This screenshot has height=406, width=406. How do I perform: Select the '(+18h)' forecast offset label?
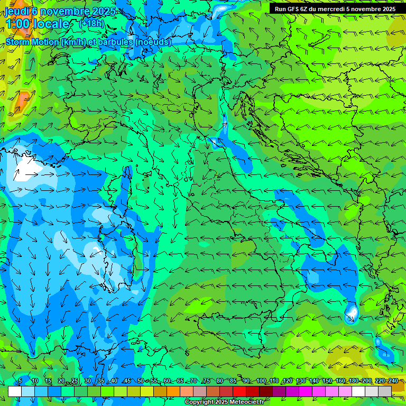(x=91, y=23)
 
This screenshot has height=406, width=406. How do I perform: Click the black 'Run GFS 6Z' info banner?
(x=335, y=9)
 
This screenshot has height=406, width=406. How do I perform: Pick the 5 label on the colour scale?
(x=20, y=381)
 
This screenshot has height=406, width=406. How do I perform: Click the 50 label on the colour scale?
(x=141, y=381)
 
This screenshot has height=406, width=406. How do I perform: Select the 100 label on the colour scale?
(x=261, y=381)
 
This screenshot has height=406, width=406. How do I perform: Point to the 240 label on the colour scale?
(x=393, y=381)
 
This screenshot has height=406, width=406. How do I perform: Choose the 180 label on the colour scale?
(x=353, y=381)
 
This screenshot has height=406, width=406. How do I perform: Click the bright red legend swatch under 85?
(x=239, y=391)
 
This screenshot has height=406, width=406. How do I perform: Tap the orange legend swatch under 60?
(x=173, y=391)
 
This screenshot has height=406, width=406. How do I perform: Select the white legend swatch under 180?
(x=358, y=391)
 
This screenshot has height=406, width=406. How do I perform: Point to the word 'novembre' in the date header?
(x=67, y=11)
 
